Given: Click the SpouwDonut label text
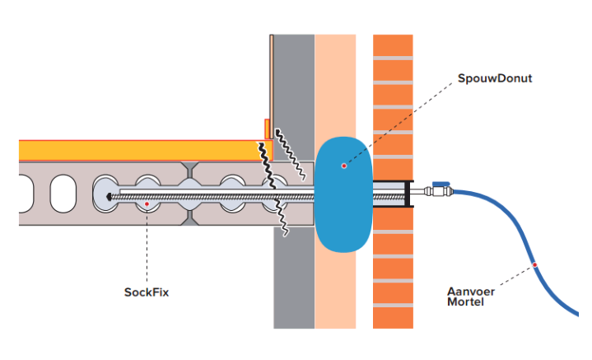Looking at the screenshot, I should [x=493, y=79].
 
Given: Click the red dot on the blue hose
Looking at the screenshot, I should [x=535, y=265].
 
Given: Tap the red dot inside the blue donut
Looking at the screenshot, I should [x=344, y=166].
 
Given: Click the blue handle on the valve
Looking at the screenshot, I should [x=441, y=184].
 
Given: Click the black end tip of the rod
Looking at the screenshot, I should [x=108, y=194].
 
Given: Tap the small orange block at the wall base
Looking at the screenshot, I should [x=268, y=129].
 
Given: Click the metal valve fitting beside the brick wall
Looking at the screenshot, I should [x=432, y=193].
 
